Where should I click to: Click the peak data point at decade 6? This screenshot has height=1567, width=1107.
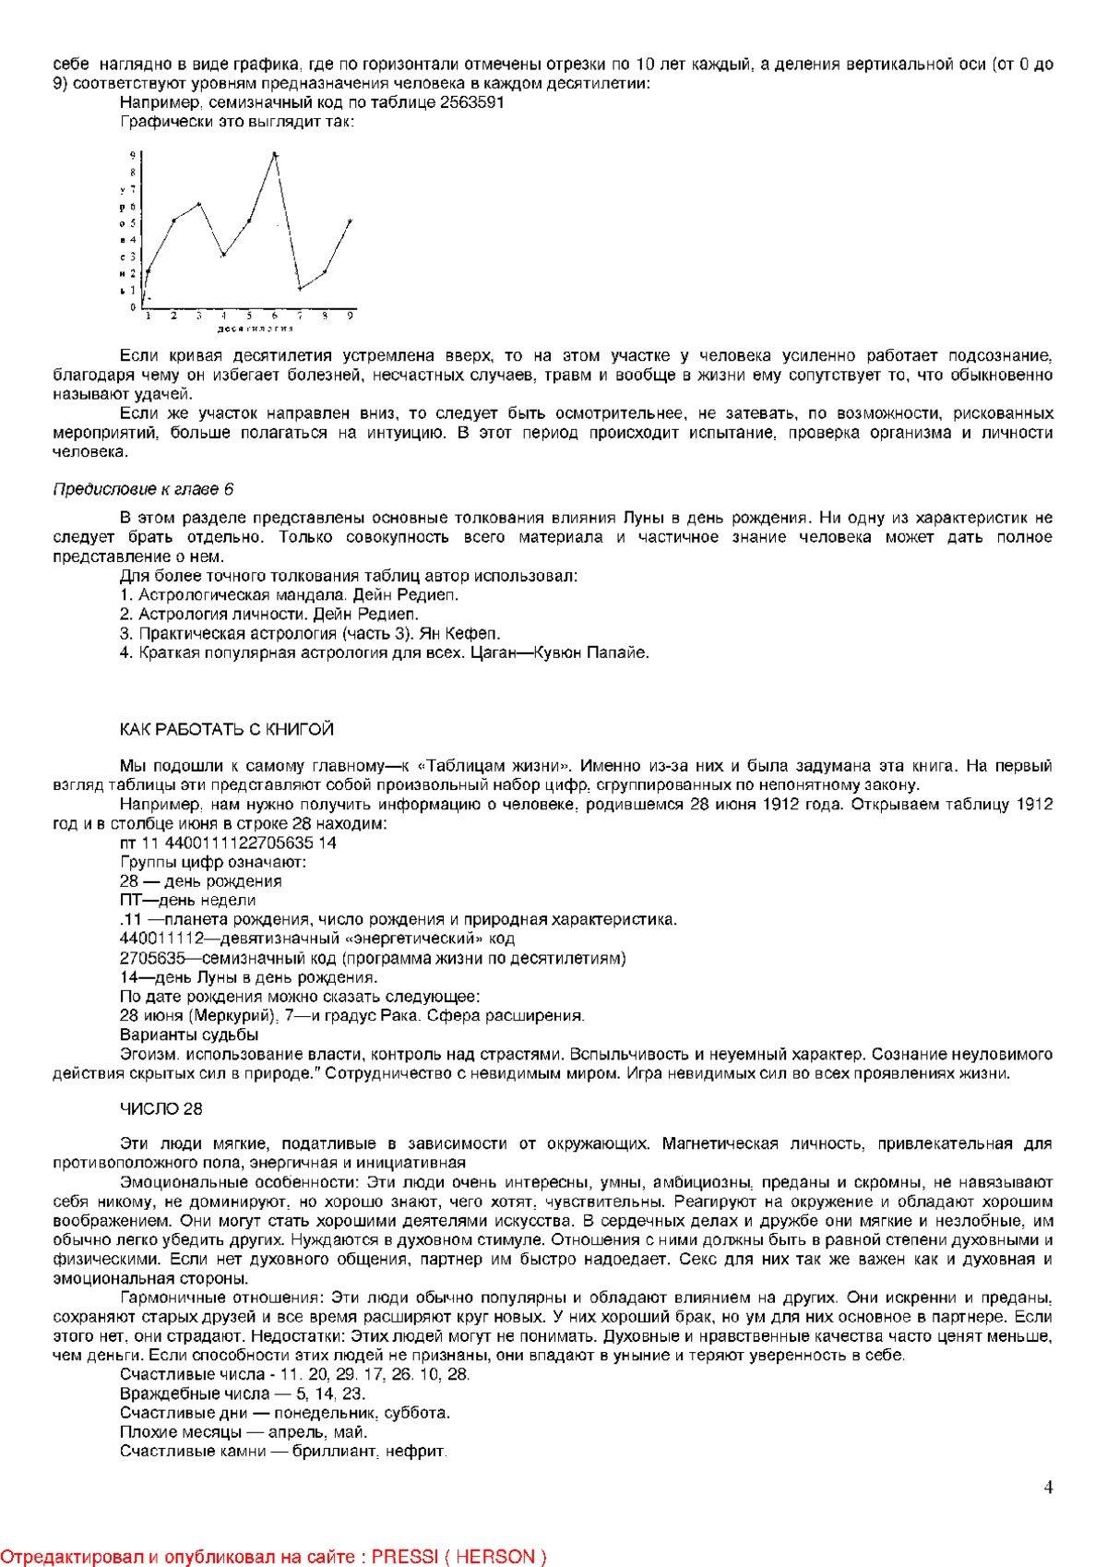pos(275,154)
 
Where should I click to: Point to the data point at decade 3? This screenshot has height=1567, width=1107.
pos(199,203)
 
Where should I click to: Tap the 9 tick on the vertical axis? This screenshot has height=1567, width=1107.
pos(133,155)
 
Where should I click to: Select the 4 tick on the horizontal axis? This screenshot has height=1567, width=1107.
pos(224,316)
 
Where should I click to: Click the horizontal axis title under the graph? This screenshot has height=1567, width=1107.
pos(256,329)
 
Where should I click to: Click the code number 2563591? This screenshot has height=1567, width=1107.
pos(470,102)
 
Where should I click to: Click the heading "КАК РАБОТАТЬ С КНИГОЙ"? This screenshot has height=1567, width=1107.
pos(227,730)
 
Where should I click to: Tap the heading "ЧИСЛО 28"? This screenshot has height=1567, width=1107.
pos(161,1109)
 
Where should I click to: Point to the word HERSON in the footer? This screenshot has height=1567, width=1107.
pos(494,1557)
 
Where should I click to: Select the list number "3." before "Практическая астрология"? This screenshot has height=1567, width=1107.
pos(126,633)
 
